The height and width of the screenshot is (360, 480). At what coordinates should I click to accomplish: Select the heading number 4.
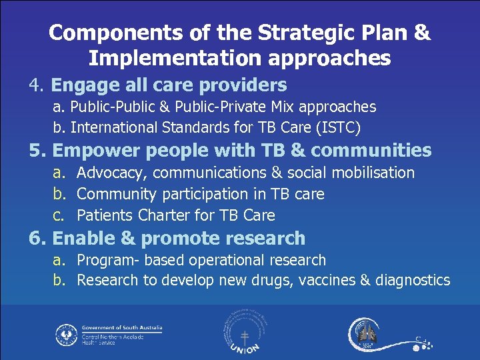(x=37, y=85)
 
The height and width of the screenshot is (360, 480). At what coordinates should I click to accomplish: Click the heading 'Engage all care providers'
(x=169, y=85)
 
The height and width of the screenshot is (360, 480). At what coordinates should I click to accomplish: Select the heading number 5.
(x=37, y=151)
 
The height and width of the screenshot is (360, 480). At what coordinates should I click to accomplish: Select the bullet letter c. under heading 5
(x=61, y=215)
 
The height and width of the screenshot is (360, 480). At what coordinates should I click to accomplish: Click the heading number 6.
(x=37, y=238)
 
